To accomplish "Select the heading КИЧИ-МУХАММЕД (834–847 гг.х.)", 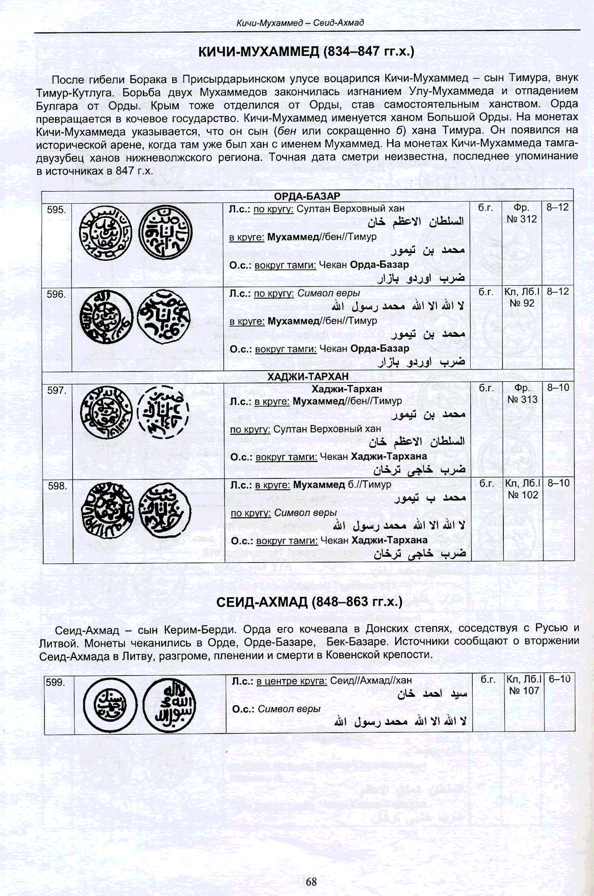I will tap(306, 52).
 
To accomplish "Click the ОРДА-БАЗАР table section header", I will tap(307, 196).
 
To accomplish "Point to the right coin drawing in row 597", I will tap(163, 412).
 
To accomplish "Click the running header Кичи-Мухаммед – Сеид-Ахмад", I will tap(300, 23).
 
